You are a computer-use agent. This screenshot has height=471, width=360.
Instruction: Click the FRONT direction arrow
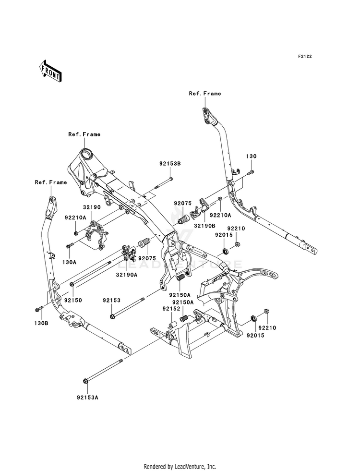point(50,71)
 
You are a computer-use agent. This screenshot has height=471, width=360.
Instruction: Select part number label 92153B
point(170,164)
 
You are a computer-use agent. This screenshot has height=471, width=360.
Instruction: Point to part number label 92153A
point(87,398)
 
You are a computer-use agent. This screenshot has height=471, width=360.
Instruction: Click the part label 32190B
point(204,225)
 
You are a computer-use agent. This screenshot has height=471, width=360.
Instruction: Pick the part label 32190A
point(127,275)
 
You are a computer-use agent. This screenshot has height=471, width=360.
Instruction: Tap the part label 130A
point(69,262)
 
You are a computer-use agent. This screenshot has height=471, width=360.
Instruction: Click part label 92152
point(171,309)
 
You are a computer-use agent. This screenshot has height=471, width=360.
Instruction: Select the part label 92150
point(73,300)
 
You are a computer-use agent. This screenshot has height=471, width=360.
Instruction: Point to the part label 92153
point(112,300)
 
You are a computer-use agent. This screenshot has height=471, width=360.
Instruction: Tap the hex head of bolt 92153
point(112,316)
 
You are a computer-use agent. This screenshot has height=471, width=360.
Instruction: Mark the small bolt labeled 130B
point(39,309)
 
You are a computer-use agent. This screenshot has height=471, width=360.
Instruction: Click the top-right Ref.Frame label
point(205,94)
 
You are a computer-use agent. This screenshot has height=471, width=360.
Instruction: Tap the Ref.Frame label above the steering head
point(84,134)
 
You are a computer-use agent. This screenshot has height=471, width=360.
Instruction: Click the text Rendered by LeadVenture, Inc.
point(180,466)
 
